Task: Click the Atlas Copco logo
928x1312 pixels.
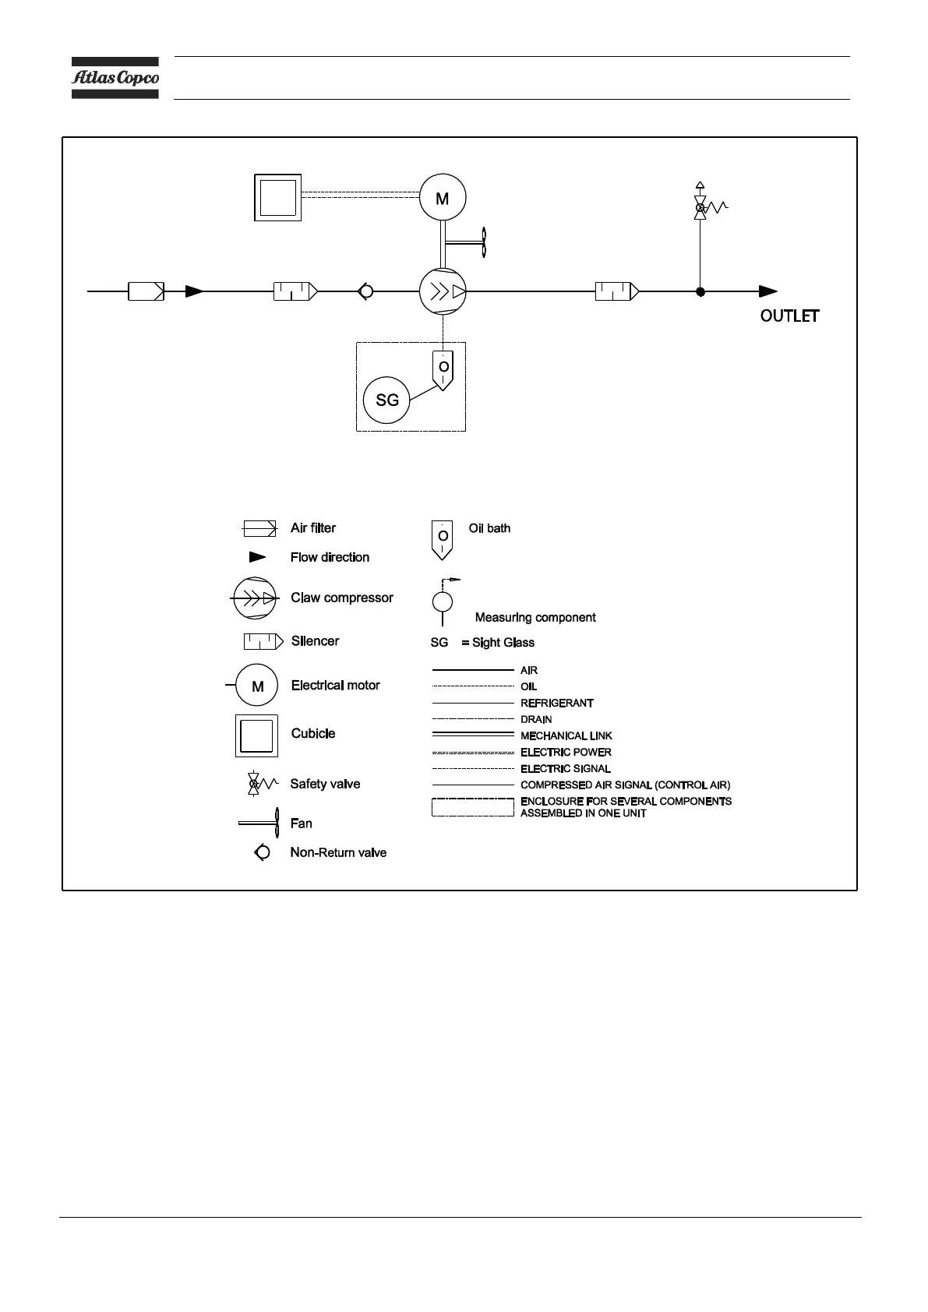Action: tap(115, 78)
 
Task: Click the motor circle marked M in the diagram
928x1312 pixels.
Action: tap(443, 198)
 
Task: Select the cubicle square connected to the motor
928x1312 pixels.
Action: tap(277, 198)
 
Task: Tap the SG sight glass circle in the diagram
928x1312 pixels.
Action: tap(386, 400)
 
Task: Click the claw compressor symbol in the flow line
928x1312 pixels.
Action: tap(443, 292)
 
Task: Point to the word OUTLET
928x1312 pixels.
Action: tap(789, 316)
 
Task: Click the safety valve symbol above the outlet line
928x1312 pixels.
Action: tap(700, 206)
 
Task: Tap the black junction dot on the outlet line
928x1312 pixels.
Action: tap(700, 291)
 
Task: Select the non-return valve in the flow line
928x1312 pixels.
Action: tap(365, 291)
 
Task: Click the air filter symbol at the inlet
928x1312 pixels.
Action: tap(146, 291)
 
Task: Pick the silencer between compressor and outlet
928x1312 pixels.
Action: tap(617, 291)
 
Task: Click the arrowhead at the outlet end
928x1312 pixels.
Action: tap(768, 291)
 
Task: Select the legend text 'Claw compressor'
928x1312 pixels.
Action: tap(342, 598)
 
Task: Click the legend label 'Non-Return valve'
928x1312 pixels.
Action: tap(338, 852)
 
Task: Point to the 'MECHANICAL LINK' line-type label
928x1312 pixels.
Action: tap(566, 735)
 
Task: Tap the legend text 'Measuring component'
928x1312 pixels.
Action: tap(535, 617)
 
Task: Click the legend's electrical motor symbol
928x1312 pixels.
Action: tap(257, 686)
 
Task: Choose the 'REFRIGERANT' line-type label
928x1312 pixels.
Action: tap(557, 703)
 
